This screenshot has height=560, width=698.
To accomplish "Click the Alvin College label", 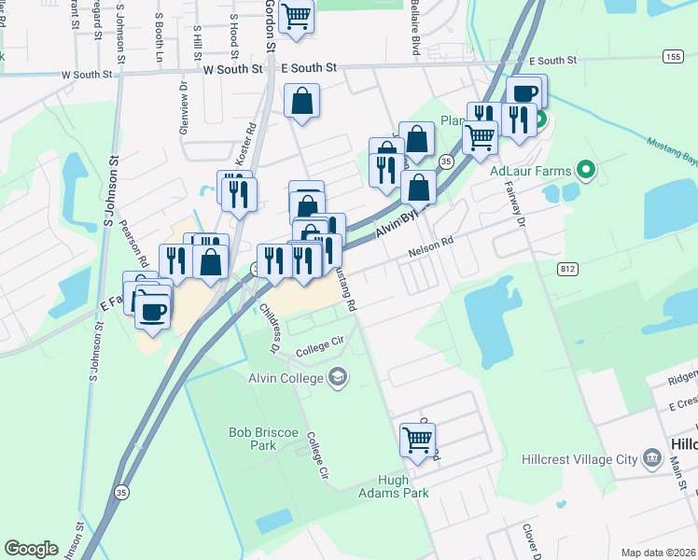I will pos(285,378).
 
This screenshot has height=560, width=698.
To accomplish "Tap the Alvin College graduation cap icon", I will pos(338,378).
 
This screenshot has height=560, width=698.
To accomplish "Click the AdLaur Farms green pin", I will pos(586,171).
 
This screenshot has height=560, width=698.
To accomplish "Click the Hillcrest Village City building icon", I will pos(652,458).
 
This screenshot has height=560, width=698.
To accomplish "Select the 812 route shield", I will pos(568,269).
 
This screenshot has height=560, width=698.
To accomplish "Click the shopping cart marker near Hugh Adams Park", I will pos(417,438).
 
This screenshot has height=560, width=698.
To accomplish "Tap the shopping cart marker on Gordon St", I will pos(297,14).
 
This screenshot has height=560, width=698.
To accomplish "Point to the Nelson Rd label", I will pos(430,245).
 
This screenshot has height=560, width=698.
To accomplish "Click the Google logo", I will pos(31,548).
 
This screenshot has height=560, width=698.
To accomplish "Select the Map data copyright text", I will pos(658,553).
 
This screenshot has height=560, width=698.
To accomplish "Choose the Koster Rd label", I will pos(248,148).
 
